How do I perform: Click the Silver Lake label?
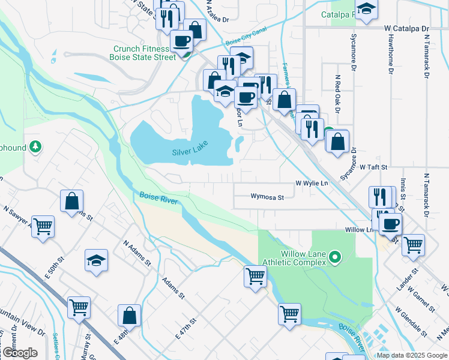pyautogui.click(x=190, y=152)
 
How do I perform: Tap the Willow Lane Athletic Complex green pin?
pyautogui.click(x=336, y=259)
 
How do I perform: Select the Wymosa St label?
pyautogui.click(x=267, y=196)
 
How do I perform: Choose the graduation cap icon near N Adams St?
pyautogui.click(x=96, y=261)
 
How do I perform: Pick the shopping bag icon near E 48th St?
pyautogui.click(x=129, y=315)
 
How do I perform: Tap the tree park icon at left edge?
pyautogui.click(x=35, y=146)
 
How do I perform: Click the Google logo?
pyautogui.click(x=20, y=353)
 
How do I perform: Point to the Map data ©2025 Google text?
pyautogui.click(x=412, y=355)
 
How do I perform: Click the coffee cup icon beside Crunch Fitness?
pyautogui.click(x=181, y=42)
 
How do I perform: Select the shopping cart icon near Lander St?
pyautogui.click(x=413, y=245)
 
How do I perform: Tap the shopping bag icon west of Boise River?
pyautogui.click(x=72, y=202)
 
